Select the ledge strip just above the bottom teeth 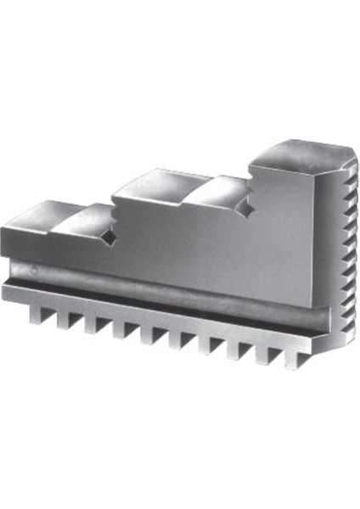tap(153, 310)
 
